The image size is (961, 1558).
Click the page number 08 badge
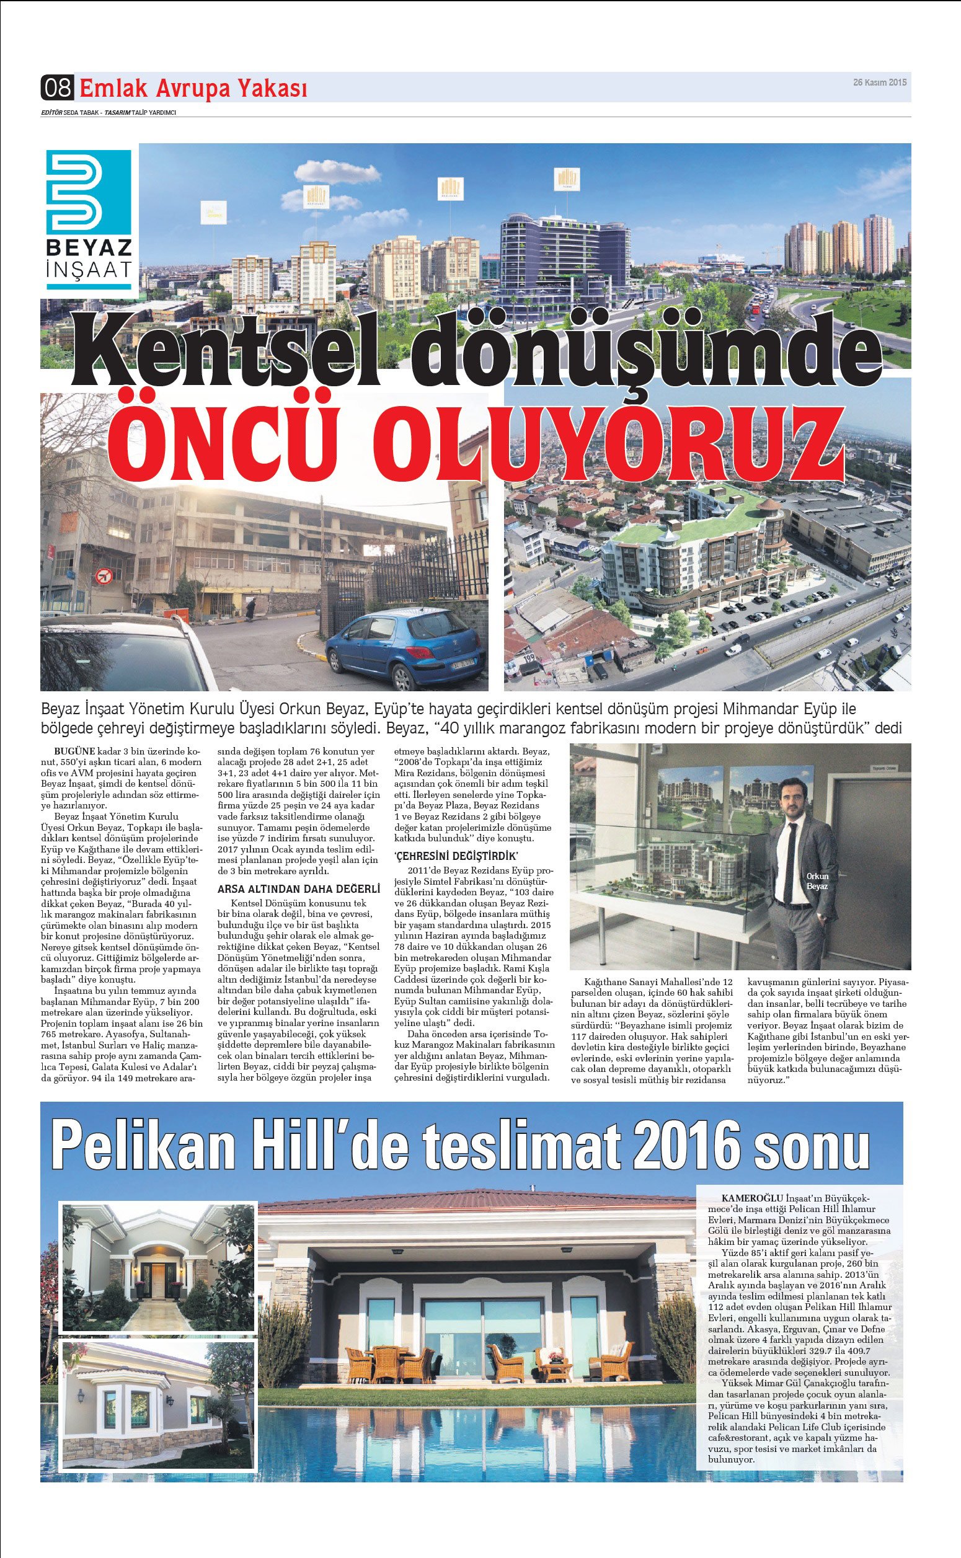57,87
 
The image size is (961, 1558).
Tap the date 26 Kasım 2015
880,82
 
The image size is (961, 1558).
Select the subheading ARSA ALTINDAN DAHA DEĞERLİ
299,889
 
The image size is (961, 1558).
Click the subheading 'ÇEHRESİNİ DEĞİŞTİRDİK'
456,855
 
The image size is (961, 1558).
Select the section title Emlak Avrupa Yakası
193,88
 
